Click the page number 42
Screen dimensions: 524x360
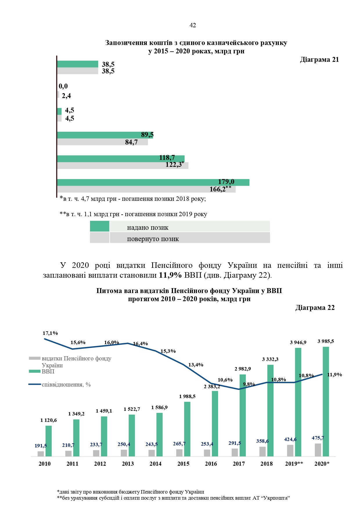click(x=192, y=26)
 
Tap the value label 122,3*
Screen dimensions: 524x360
click(x=174, y=165)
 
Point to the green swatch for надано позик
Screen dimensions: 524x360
click(x=100, y=226)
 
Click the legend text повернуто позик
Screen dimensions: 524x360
click(x=153, y=239)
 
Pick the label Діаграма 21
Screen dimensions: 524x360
click(x=319, y=60)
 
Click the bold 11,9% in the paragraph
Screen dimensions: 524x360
click(x=170, y=275)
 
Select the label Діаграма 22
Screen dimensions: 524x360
click(x=315, y=308)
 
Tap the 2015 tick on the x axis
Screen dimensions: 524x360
click(x=183, y=464)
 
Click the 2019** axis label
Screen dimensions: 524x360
click(x=294, y=464)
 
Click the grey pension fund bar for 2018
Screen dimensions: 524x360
click(x=262, y=451)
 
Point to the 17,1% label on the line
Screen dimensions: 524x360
click(x=50, y=333)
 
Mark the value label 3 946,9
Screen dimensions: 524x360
click(x=298, y=343)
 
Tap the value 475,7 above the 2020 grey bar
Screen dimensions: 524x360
click(x=318, y=438)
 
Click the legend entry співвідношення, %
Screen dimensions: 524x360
click(x=66, y=385)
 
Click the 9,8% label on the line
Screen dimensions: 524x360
click(x=249, y=384)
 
